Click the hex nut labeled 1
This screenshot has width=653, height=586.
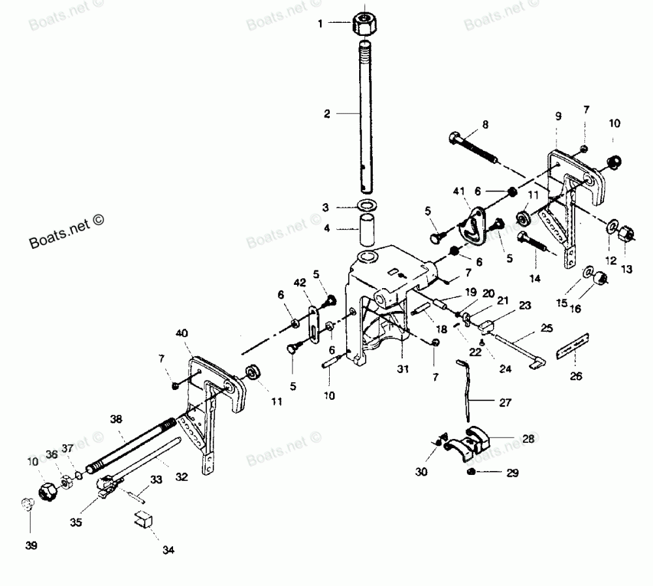coord(362,24)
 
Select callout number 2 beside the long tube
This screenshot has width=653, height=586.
coord(328,114)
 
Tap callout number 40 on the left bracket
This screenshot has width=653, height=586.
coord(182,333)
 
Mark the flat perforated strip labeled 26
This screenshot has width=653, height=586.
coord(573,344)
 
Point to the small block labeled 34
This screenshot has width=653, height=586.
coord(144,520)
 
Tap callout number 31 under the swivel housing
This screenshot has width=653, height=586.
coord(402,369)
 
